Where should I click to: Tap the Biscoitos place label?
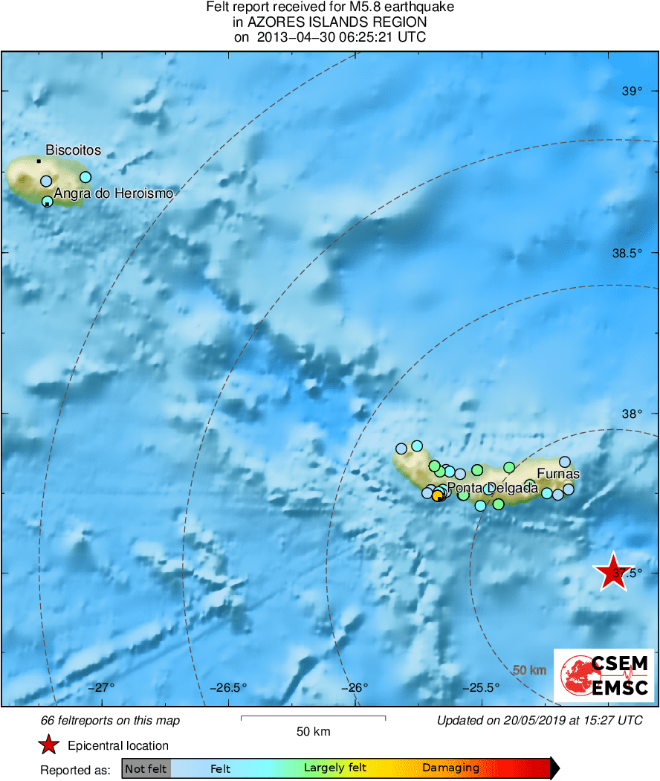pyautogui.click(x=73, y=150)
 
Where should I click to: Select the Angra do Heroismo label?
pyautogui.click(x=113, y=193)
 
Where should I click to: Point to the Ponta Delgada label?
pyautogui.click(x=492, y=488)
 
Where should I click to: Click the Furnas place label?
pyautogui.click(x=557, y=474)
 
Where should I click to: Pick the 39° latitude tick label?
pyautogui.click(x=632, y=91)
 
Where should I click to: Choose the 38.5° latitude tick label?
pyautogui.click(x=627, y=253)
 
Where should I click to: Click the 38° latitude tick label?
pyautogui.click(x=632, y=414)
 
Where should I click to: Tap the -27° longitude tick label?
pyautogui.click(x=103, y=687)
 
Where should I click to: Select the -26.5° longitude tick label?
pyautogui.click(x=229, y=687)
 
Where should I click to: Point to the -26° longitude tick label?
pyautogui.click(x=355, y=687)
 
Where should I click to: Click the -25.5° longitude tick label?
pyautogui.click(x=482, y=687)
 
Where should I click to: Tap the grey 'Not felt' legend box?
pyautogui.click(x=146, y=768)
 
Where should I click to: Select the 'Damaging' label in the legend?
pyautogui.click(x=450, y=768)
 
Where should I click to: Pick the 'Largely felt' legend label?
pyautogui.click(x=335, y=768)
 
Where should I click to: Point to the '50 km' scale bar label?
pyautogui.click(x=313, y=732)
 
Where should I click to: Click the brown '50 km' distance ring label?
pyautogui.click(x=530, y=670)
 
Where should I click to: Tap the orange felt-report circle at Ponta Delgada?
pyautogui.click(x=437, y=495)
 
